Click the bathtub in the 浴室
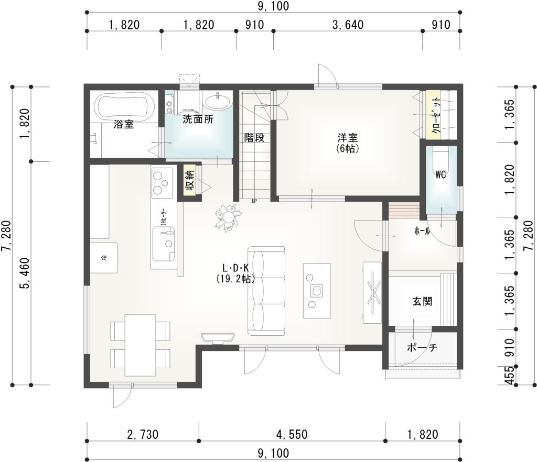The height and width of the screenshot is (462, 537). coord(124,106)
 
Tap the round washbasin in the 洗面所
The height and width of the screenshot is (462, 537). coord(217,101)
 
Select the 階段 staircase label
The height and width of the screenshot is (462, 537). coord(254,138)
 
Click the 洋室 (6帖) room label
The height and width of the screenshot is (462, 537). coord(347,142)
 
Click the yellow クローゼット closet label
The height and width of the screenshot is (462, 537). coord(433,115)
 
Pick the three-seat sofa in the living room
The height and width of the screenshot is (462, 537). coord(268,291)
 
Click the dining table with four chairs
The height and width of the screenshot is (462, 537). coord(140,345)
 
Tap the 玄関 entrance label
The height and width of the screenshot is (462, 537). coord(422,301)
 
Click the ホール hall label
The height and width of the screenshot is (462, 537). coord(422,231)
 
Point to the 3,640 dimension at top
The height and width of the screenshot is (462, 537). coord(348,24)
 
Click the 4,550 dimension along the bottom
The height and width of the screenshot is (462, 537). coord(292,434)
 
